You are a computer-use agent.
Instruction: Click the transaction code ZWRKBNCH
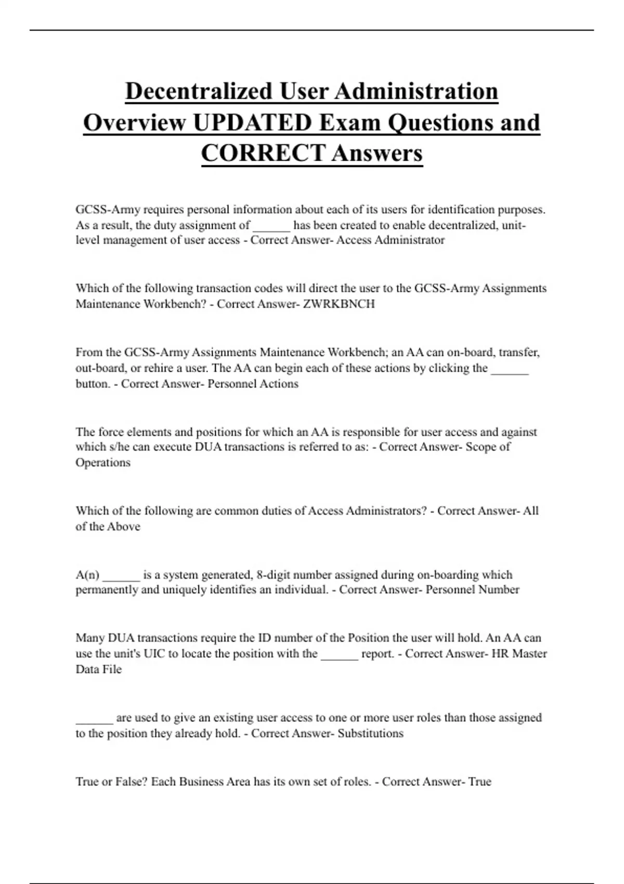339,304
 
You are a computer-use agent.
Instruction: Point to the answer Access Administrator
391,240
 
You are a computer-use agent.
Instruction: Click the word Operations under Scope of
103,463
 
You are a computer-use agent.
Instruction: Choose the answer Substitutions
370,734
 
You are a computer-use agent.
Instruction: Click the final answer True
479,782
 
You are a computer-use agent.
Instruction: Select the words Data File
99,669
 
